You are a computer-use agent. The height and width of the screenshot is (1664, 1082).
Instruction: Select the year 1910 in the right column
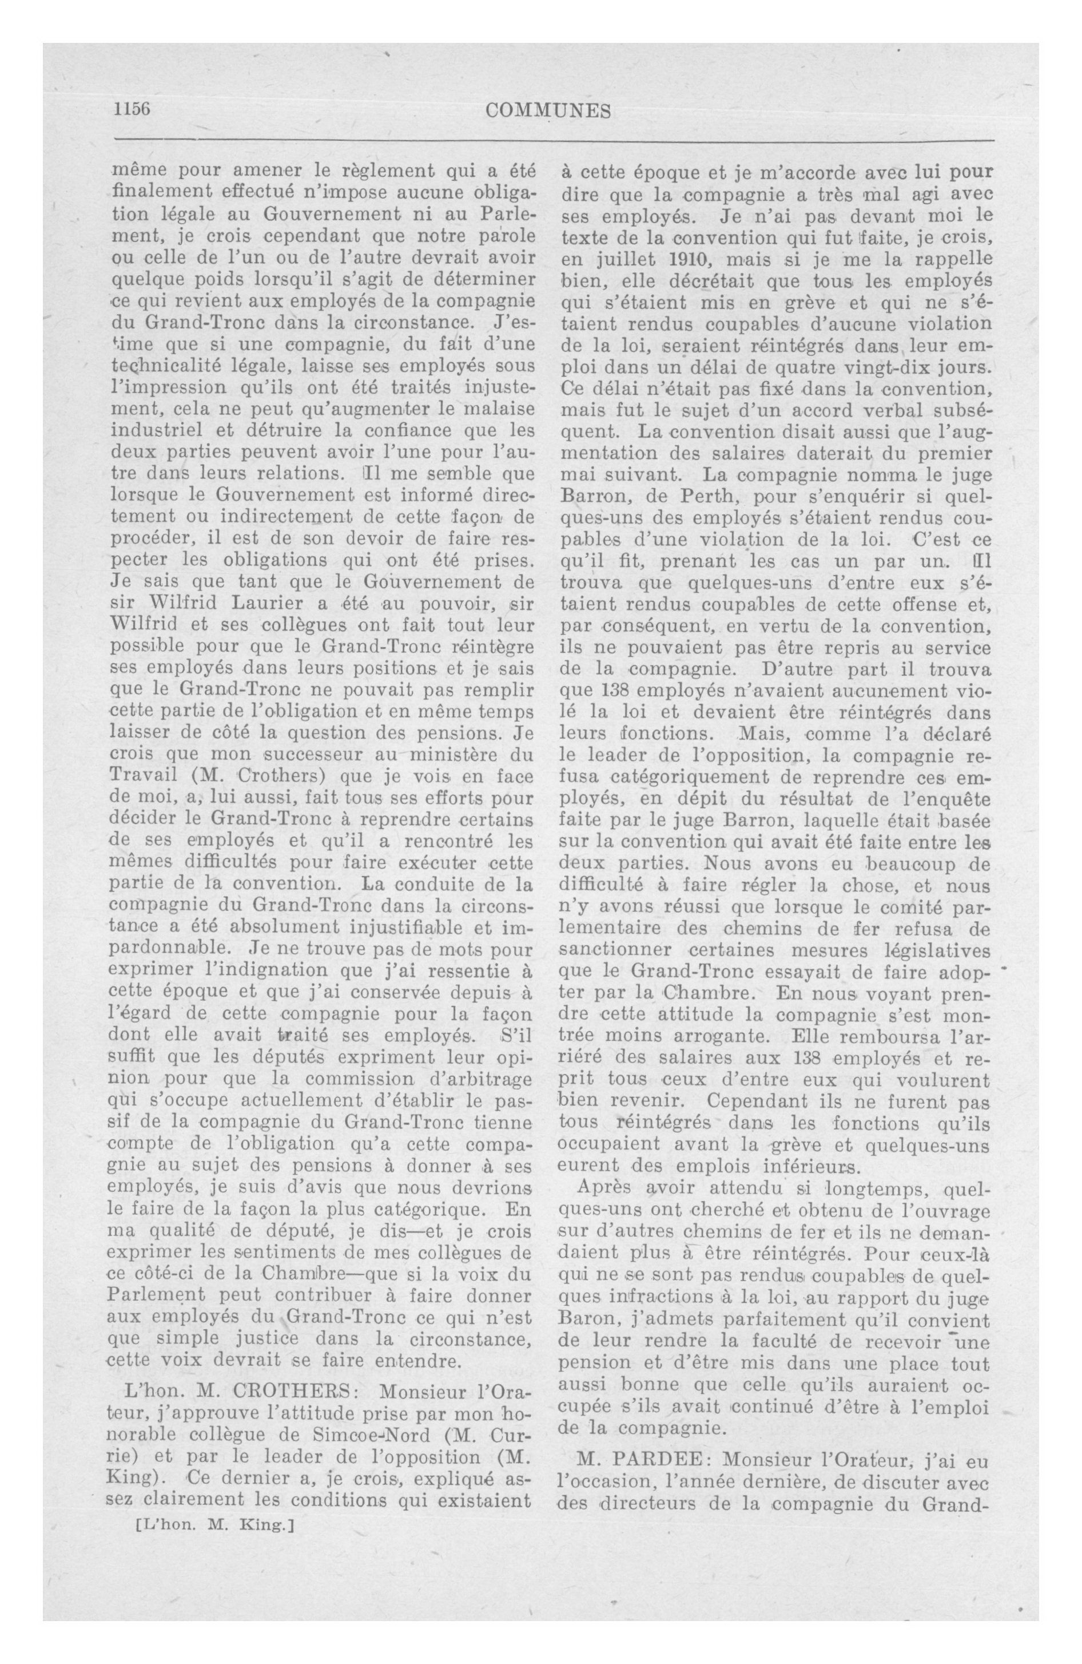(689, 259)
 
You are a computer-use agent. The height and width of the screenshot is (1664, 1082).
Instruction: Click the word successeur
(315, 755)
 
